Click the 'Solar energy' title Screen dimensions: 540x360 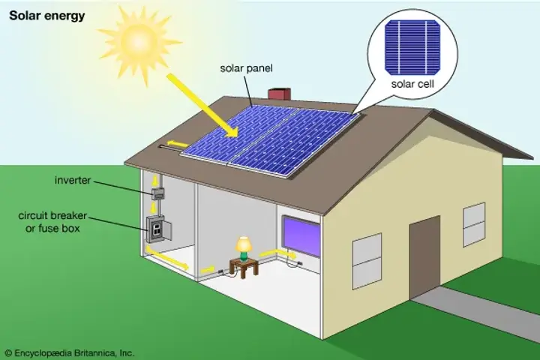tap(46, 16)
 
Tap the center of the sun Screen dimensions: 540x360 tap(139, 40)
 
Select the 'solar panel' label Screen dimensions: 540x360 tap(246, 68)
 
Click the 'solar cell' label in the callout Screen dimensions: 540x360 tap(412, 84)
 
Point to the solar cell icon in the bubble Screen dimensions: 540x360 tap(412, 47)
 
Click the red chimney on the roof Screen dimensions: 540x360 tap(279, 94)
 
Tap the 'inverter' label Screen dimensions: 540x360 tap(72, 180)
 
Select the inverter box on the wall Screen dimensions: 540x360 tap(158, 193)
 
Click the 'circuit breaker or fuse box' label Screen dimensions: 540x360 tap(52, 222)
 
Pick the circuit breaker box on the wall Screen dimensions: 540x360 tap(158, 229)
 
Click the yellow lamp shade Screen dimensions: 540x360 tap(244, 244)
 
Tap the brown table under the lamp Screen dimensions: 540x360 tap(244, 268)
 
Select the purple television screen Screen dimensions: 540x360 tap(301, 236)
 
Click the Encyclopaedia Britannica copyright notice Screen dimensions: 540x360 tap(70, 353)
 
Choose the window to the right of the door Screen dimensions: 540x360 tap(474, 224)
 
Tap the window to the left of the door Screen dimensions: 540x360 tap(367, 261)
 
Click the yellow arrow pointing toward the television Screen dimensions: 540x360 tap(277, 254)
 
